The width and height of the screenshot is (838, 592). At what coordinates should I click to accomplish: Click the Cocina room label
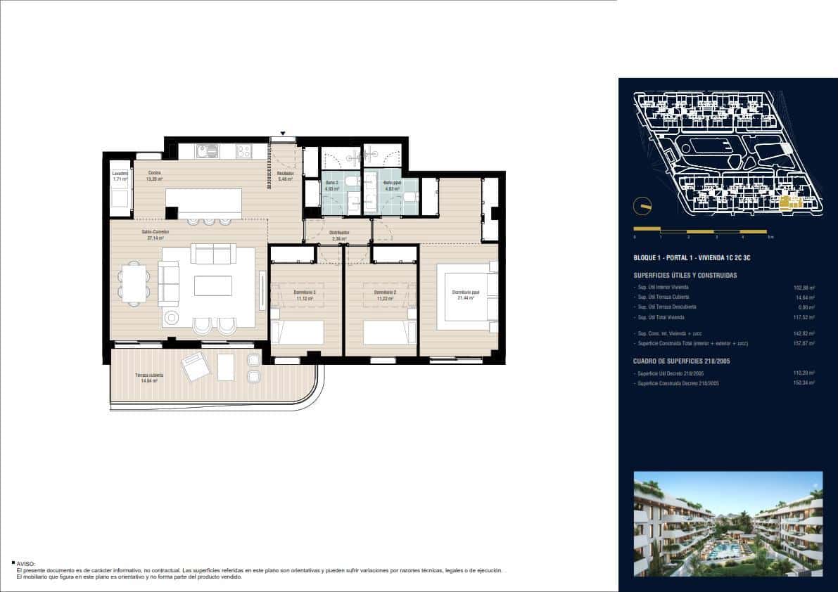pyautogui.click(x=154, y=172)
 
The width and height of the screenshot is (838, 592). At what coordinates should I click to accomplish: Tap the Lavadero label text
pyautogui.click(x=120, y=173)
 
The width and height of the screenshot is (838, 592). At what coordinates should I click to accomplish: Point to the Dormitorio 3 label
pyautogui.click(x=305, y=292)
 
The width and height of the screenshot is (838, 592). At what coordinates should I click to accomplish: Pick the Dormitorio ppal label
pyautogui.click(x=465, y=292)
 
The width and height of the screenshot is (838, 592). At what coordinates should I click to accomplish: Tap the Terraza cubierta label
pyautogui.click(x=150, y=375)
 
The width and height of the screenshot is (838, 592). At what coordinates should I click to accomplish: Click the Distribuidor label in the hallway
pyautogui.click(x=340, y=232)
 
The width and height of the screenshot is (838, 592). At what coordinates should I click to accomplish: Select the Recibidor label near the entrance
pyautogui.click(x=285, y=173)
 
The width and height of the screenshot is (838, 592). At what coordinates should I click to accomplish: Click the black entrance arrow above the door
pyautogui.click(x=283, y=133)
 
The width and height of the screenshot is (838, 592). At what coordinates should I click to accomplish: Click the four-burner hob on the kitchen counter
pyautogui.click(x=243, y=150)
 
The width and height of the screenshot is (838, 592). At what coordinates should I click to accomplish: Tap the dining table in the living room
pyautogui.click(x=134, y=283)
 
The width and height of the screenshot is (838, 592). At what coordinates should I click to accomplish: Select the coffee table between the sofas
pyautogui.click(x=213, y=285)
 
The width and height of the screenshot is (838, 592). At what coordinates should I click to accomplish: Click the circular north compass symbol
pyautogui.click(x=642, y=206)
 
